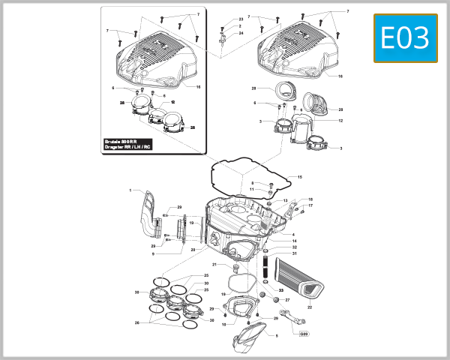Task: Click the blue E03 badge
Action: click(x=405, y=38)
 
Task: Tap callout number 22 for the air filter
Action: click(x=310, y=307)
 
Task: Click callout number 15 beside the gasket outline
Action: click(x=299, y=177)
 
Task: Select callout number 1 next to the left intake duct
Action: click(x=130, y=190)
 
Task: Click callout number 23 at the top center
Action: click(x=241, y=19)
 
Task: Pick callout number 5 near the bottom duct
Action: click(x=276, y=336)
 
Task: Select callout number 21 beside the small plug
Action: click(x=214, y=265)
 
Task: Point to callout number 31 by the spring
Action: click(x=295, y=253)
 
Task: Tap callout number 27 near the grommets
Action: click(x=287, y=299)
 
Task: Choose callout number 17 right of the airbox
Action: click(x=310, y=205)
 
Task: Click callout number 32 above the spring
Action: click(x=295, y=247)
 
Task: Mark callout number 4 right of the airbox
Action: click(x=292, y=235)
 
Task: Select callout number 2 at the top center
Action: click(x=241, y=25)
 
